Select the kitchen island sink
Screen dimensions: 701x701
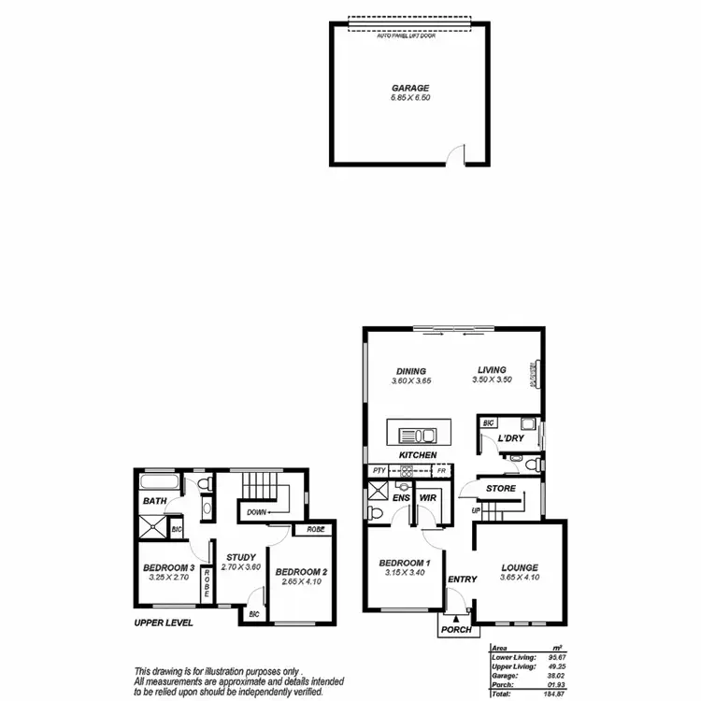point(417,435)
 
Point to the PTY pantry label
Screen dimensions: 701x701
point(379,470)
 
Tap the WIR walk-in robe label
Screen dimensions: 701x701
point(429,499)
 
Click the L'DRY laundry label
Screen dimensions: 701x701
point(510,438)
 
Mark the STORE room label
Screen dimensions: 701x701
point(500,488)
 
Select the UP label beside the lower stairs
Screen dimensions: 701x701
point(476,511)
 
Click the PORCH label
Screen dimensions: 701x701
point(456,629)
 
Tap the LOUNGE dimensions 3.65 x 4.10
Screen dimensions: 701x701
point(519,579)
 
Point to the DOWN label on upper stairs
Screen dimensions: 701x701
point(255,512)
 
